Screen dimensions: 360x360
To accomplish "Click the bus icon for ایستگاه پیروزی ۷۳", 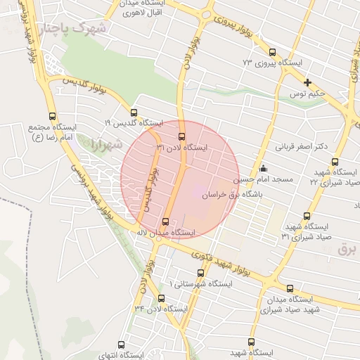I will [x=272, y=51].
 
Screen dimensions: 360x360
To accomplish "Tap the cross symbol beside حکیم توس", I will [x=307, y=82].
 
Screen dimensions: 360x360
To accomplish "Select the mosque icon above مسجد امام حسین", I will [x=263, y=167].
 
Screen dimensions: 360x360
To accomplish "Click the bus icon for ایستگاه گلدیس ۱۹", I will [x=134, y=112].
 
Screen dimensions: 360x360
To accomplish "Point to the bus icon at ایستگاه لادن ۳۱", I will [x=181, y=136].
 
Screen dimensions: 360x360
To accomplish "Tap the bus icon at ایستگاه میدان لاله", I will [x=166, y=221].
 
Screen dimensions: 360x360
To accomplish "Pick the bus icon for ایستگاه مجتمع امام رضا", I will [x=51, y=116].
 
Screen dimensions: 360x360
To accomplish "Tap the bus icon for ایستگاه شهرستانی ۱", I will [x=198, y=272].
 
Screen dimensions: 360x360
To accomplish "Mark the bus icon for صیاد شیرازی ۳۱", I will [x=307, y=216].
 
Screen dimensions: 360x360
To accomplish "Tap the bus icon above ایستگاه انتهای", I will [x=122, y=345].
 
